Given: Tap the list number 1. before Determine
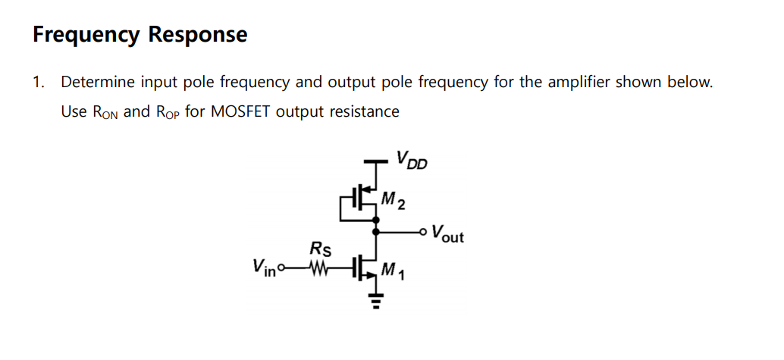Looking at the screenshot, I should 38,82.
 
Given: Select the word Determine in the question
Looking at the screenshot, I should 97,82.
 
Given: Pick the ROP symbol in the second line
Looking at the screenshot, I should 168,112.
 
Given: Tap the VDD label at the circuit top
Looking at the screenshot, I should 410,160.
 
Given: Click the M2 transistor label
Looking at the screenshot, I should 393,201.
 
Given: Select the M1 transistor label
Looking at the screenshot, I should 393,270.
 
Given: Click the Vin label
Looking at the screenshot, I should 264,267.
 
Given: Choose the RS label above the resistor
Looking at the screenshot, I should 319,248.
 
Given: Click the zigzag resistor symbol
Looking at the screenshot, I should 318,268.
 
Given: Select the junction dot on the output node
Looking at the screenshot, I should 375,230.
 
